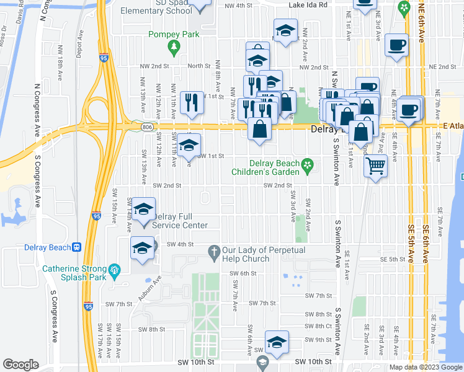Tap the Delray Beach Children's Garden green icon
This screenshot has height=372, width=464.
[x=306, y=164]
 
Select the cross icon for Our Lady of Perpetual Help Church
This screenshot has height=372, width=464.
[x=213, y=250]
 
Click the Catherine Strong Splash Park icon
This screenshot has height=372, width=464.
[x=114, y=269]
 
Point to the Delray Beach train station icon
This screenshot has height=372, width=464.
[x=77, y=247]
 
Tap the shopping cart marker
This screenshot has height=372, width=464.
[x=375, y=165]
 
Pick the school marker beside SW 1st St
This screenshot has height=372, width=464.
[x=189, y=147]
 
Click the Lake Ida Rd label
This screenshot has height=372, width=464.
[x=307, y=6]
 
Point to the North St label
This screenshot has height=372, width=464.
[x=199, y=66]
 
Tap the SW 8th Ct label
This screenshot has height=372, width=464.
[x=319, y=326]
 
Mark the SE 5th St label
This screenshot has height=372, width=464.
[x=392, y=259]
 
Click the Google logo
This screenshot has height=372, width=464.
[x=20, y=365]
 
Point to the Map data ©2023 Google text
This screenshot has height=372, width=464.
[x=426, y=367]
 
